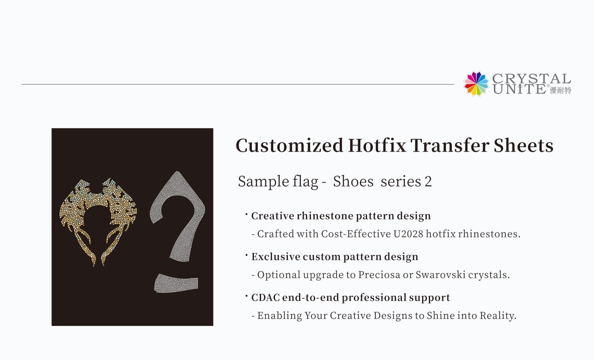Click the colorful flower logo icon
pyautogui.click(x=476, y=84)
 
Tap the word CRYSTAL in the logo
pyautogui.click(x=531, y=79)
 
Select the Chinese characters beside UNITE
pyautogui.click(x=561, y=90)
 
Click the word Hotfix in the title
pyautogui.click(x=377, y=145)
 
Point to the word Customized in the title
pyautogui.click(x=289, y=145)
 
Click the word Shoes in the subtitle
pyautogui.click(x=353, y=181)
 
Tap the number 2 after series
pyautogui.click(x=428, y=181)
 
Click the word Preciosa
pyautogui.click(x=379, y=274)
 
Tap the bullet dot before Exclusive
pyautogui.click(x=246, y=254)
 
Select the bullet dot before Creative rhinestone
pyautogui.click(x=246, y=214)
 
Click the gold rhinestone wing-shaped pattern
pyautogui.click(x=97, y=214)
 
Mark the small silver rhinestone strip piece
pyautogui.click(x=176, y=284)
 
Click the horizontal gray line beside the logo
pyautogui.click(x=238, y=84)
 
